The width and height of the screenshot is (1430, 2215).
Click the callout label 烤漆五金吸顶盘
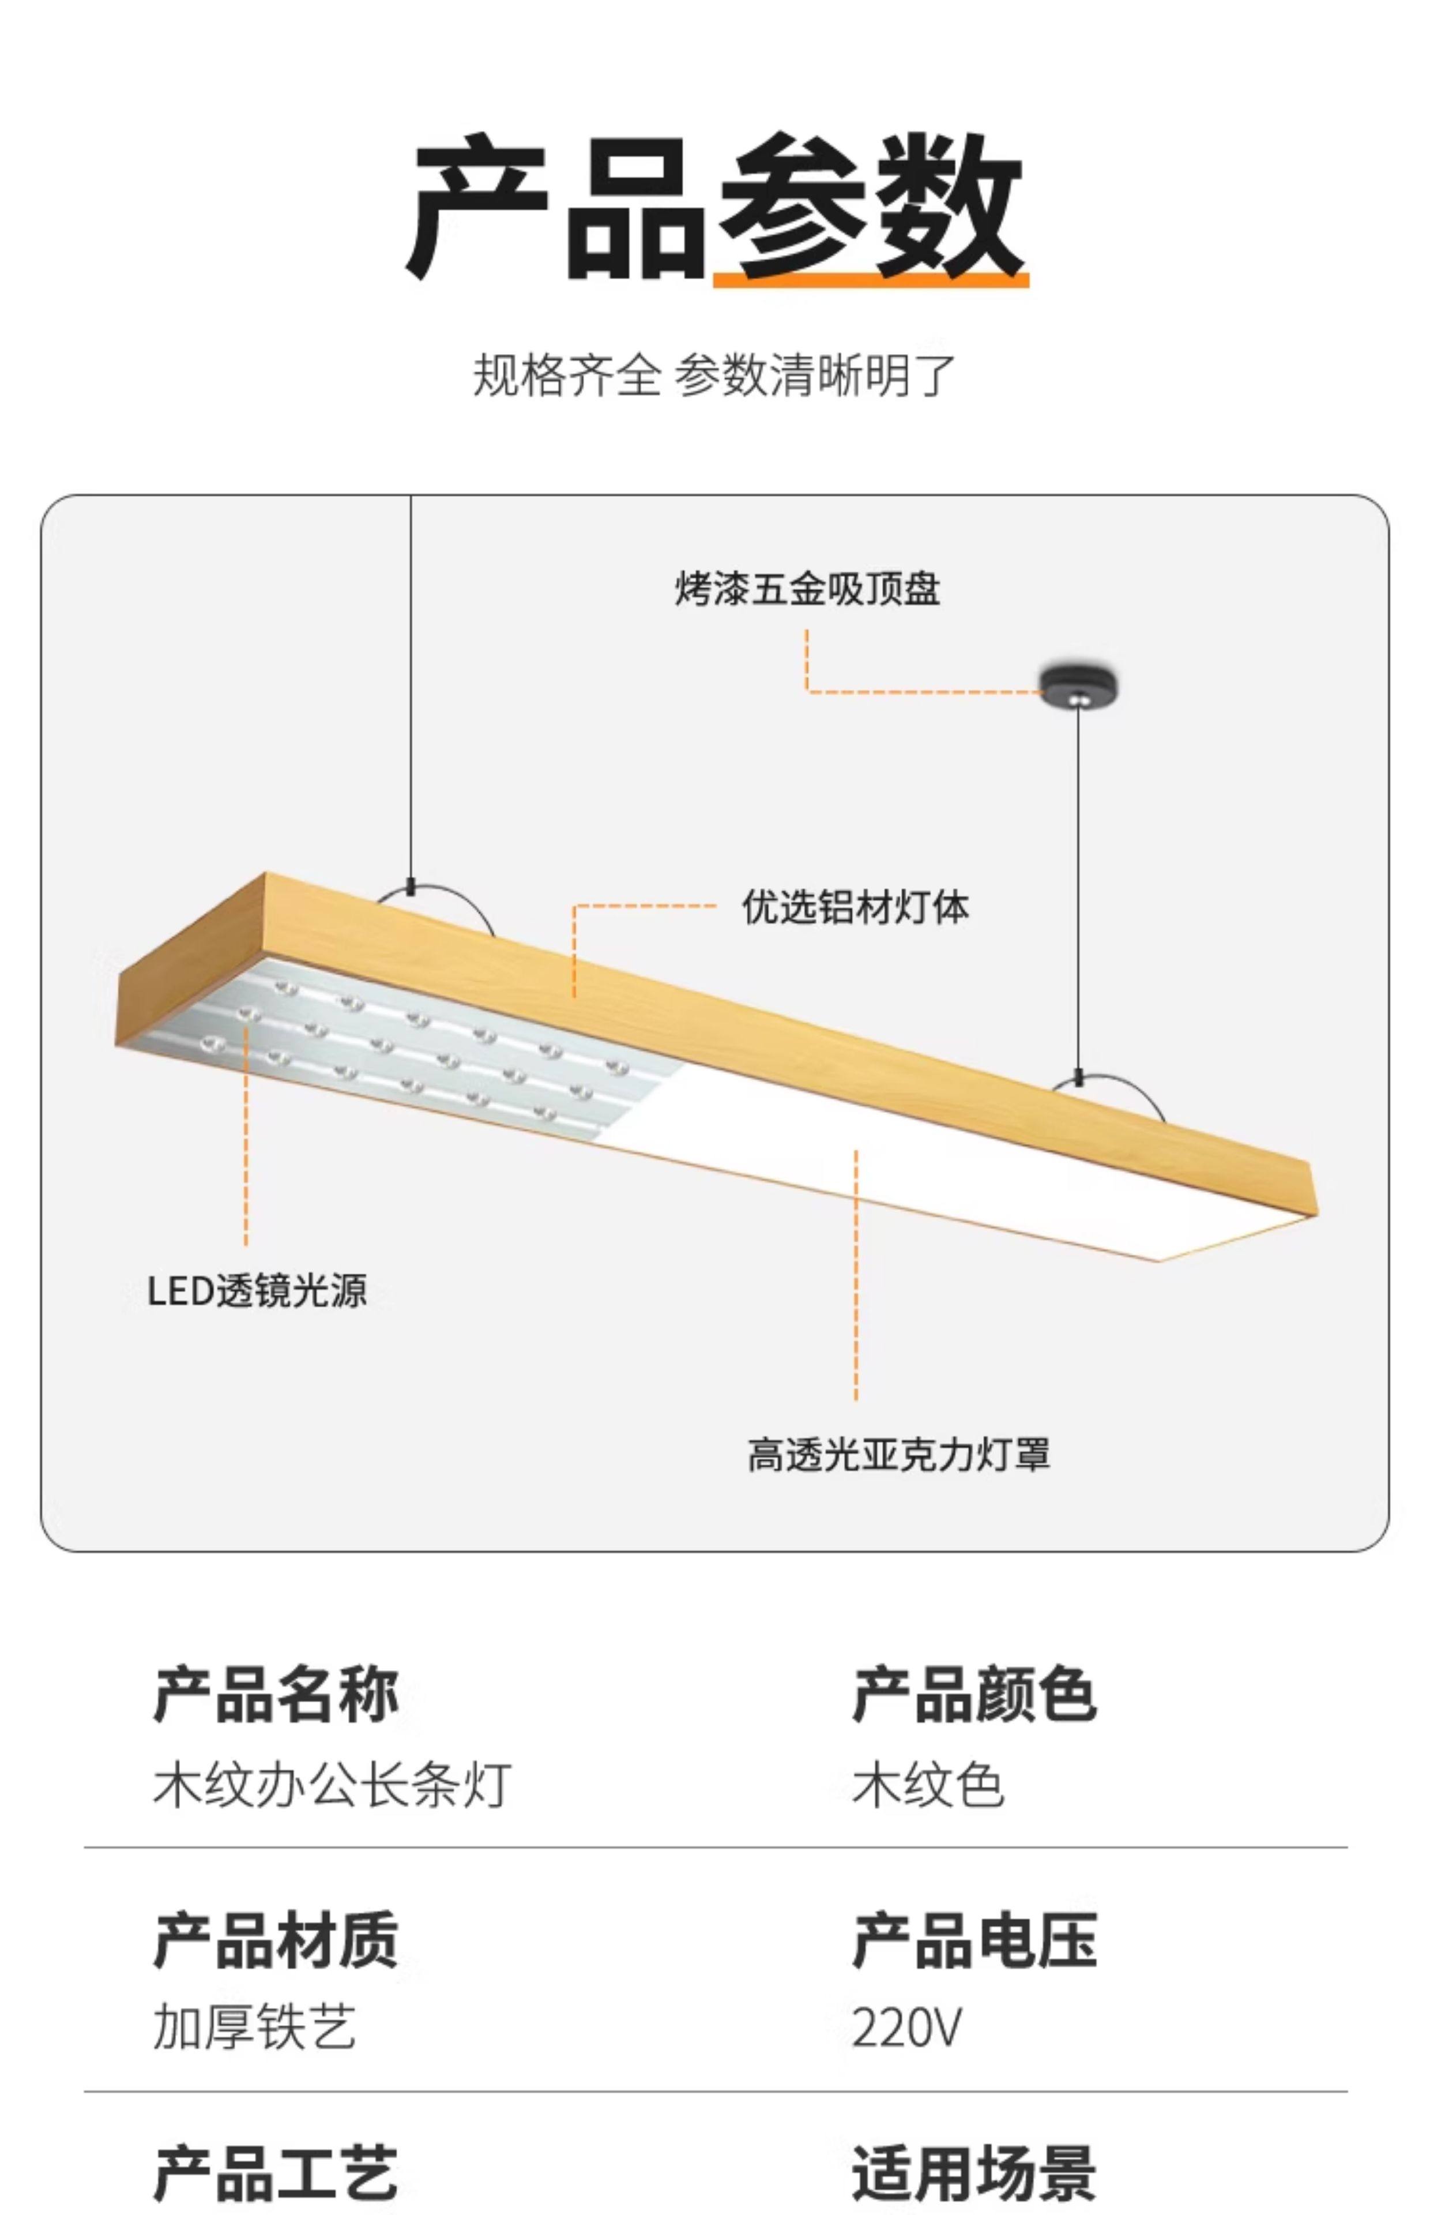tap(806, 589)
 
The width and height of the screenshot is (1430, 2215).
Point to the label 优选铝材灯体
tap(855, 907)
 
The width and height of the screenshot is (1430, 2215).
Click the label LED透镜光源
tap(257, 1291)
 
